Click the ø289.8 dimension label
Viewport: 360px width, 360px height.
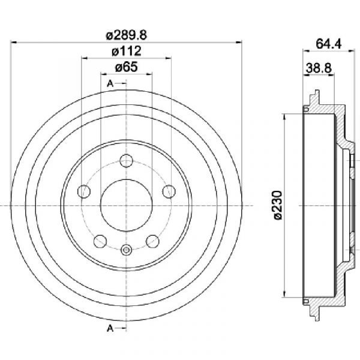point(126,35)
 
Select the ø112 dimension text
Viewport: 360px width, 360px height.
point(126,51)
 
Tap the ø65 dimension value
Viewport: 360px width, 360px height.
point(126,67)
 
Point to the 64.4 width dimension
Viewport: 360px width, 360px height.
point(329,44)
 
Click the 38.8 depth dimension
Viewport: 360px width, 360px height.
point(319,68)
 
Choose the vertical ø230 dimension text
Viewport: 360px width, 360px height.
point(277,205)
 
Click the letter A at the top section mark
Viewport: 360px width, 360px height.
point(110,83)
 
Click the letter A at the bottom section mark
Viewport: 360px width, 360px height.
point(110,328)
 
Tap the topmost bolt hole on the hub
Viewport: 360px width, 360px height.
point(126,161)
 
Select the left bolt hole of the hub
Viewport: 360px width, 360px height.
point(84,191)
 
